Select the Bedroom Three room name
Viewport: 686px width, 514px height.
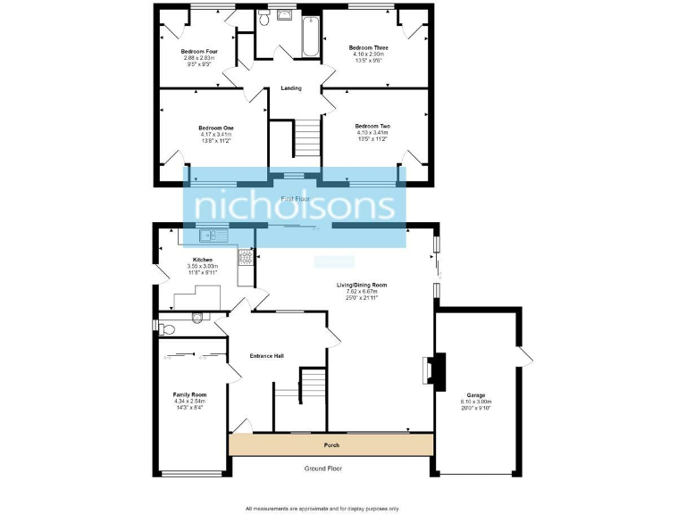(368, 46)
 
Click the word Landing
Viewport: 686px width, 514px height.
(290, 87)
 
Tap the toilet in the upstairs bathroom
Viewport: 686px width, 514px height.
(264, 15)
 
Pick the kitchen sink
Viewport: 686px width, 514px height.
(211, 236)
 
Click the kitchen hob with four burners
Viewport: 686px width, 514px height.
(245, 261)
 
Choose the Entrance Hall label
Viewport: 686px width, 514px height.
(267, 356)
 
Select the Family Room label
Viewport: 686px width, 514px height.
(189, 394)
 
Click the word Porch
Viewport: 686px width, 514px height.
(331, 444)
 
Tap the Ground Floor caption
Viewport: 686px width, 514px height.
(322, 468)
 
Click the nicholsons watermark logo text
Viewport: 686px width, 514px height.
(295, 206)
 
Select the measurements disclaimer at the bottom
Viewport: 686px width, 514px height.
(322, 508)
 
